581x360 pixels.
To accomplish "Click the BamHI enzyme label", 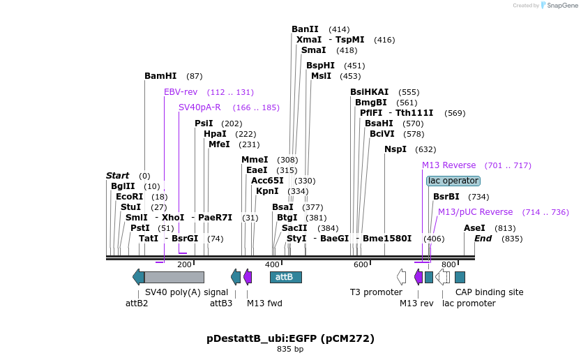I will pos(160,76).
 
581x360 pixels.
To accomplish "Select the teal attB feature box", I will pos(285,277).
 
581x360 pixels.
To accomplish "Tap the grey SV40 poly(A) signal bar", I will pos(174,277).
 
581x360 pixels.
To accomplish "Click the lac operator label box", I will pos(453,181).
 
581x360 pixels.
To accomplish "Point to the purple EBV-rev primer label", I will pos(181,92).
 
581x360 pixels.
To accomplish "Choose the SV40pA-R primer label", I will pos(199,107).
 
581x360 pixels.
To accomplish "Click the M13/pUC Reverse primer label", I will pos(475,212).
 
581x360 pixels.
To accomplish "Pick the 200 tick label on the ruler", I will pos(184,264).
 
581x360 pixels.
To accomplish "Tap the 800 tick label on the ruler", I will pos(448,264).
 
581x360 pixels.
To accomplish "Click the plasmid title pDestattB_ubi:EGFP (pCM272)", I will pos(290,338).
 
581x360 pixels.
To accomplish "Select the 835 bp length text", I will pos(290,349).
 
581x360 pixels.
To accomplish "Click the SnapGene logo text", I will pos(561,6).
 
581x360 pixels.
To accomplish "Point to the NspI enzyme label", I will pos(395,149).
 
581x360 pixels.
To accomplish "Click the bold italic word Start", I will pos(118,176).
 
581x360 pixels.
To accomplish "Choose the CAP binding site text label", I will pos(489,292).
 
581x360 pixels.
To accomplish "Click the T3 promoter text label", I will pos(376,292).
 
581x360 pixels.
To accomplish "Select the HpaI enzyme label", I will pos(215,134).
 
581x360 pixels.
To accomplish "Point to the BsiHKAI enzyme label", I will pos(370,92).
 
